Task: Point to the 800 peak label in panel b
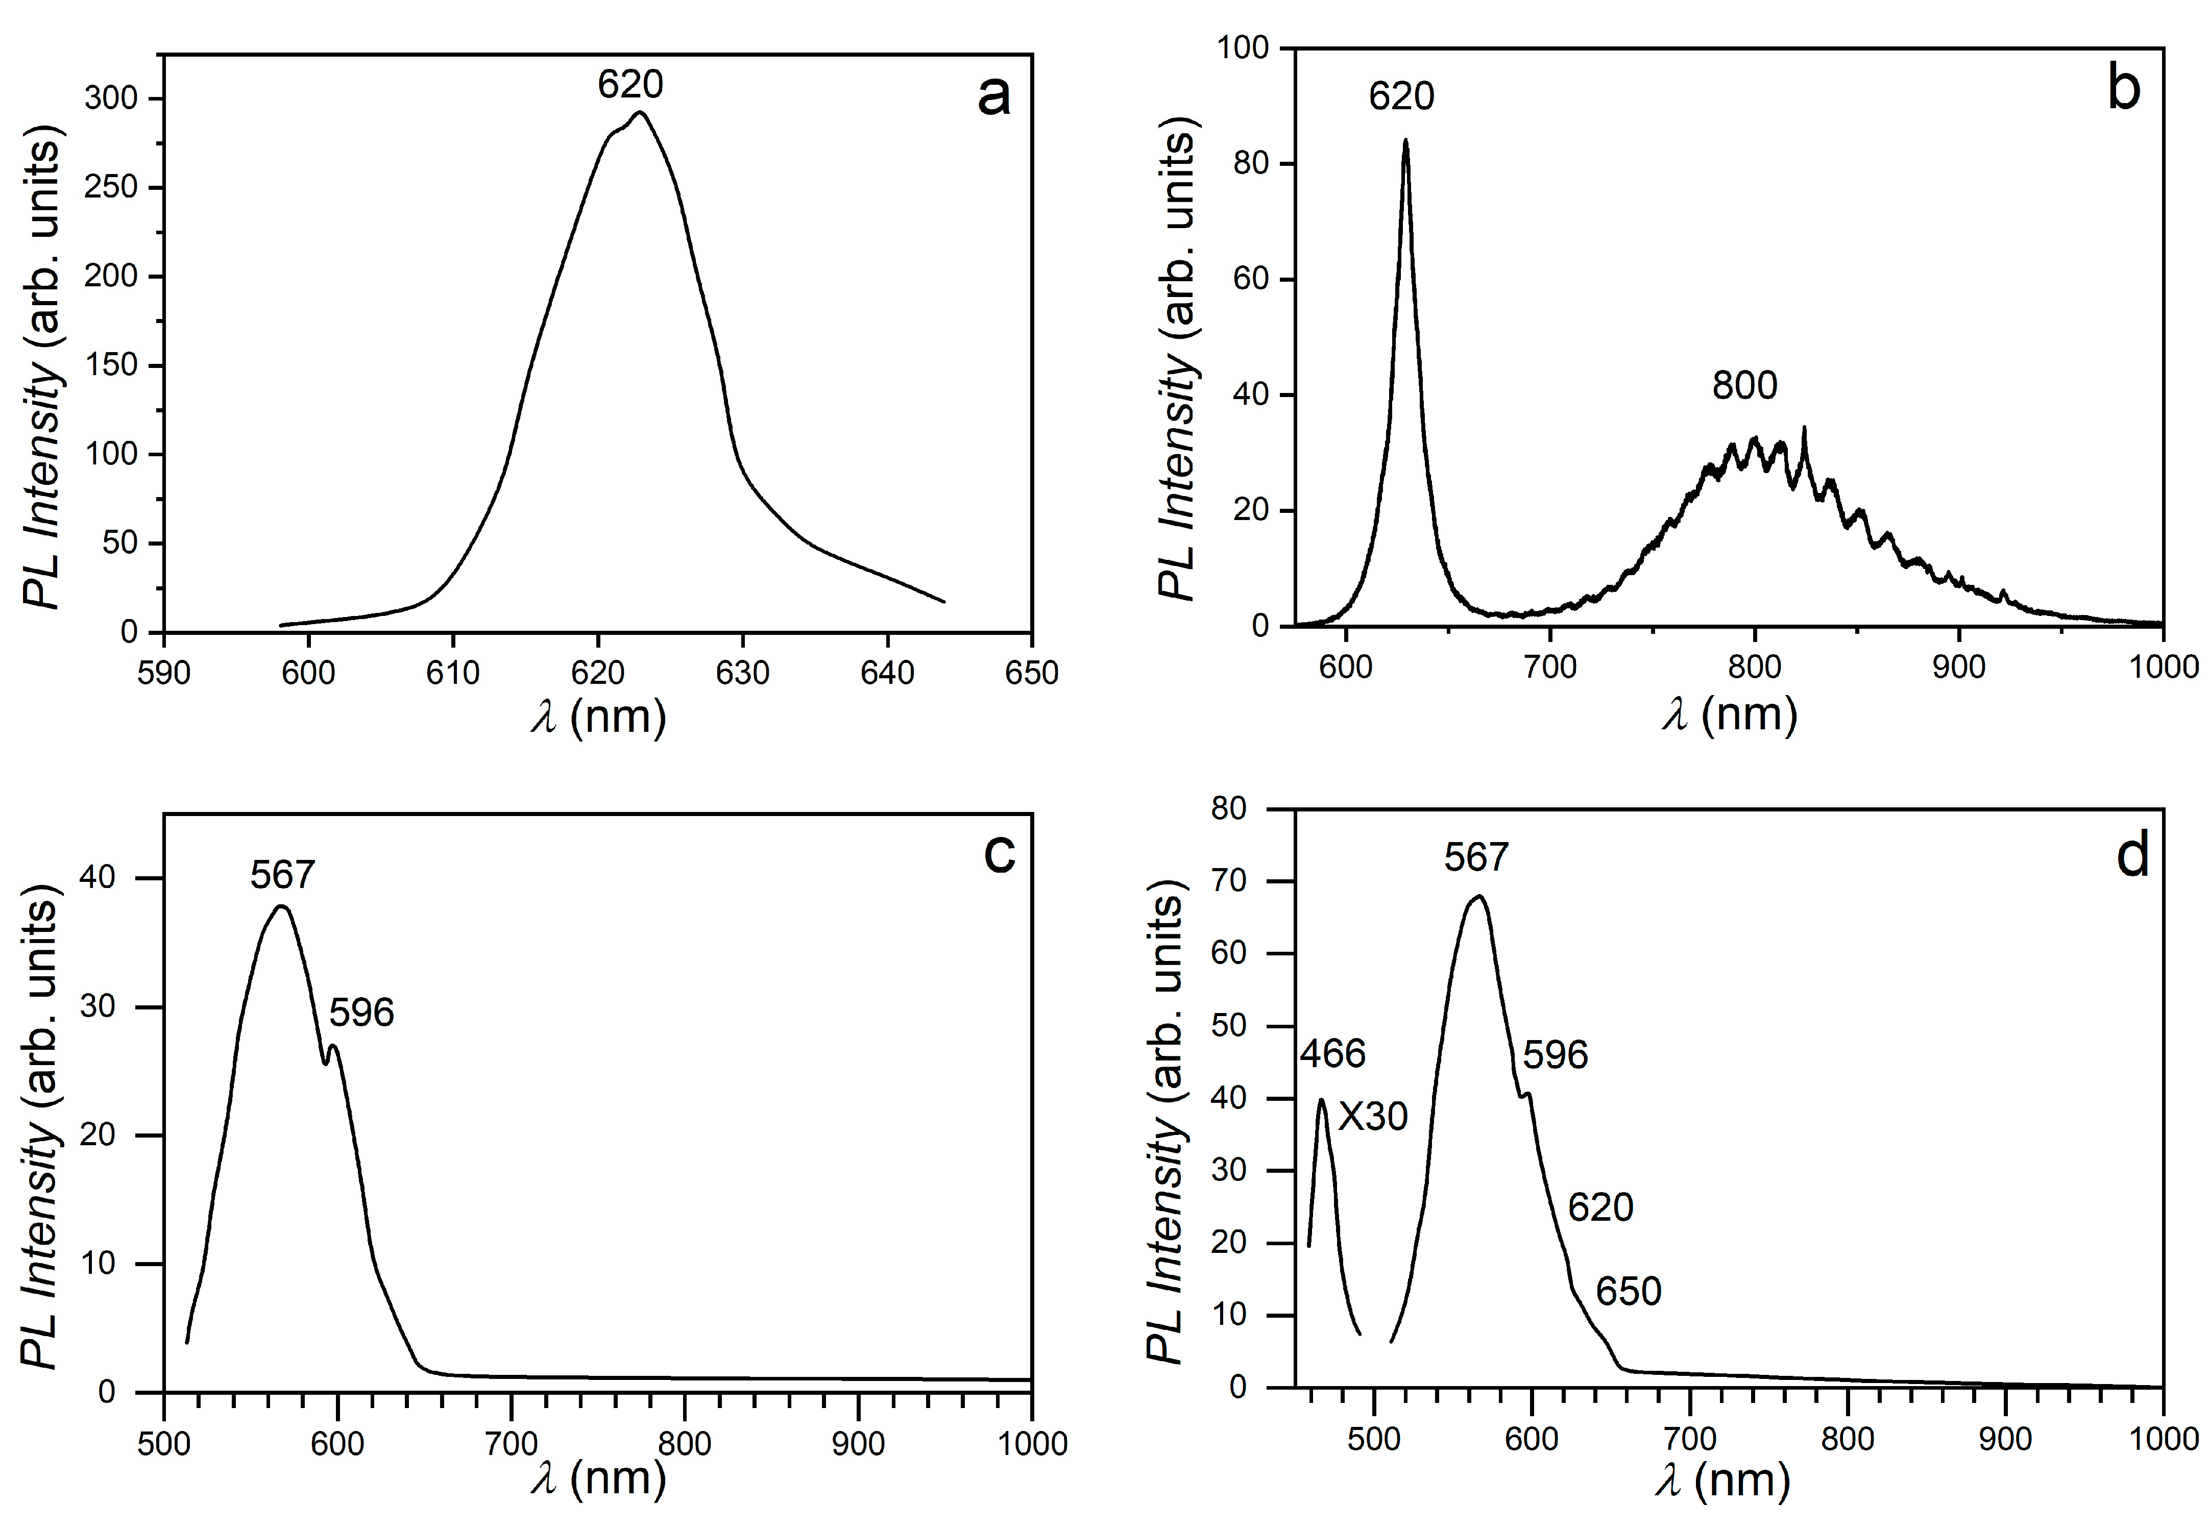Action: click(1744, 385)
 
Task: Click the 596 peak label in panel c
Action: click(361, 1013)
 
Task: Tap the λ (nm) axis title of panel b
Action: click(1729, 715)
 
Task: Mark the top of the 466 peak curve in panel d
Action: click(1322, 1100)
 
